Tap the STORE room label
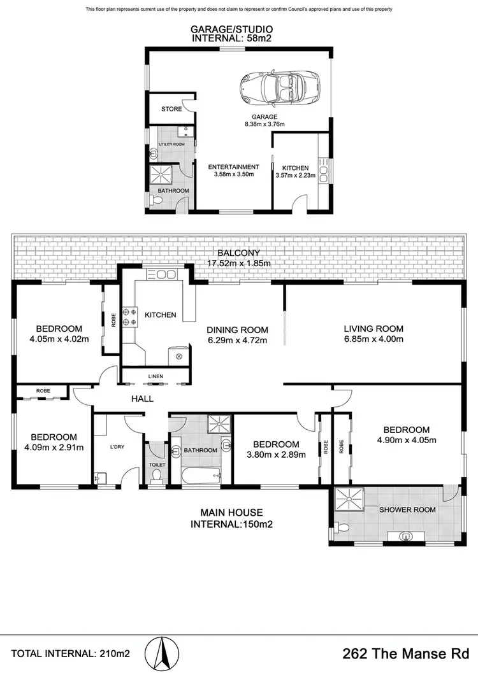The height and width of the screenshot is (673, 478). (x=171, y=109)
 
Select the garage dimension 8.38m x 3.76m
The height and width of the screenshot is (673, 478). (x=264, y=125)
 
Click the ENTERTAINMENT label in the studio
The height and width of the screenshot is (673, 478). (x=233, y=167)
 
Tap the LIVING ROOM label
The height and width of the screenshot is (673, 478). (x=373, y=329)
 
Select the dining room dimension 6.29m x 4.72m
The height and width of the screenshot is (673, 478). (x=236, y=340)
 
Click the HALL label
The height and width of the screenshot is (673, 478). (x=141, y=399)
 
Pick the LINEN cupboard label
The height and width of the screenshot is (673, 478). (x=156, y=376)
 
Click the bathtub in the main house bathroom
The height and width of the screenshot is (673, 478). (x=200, y=474)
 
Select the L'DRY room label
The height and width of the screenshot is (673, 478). (x=117, y=448)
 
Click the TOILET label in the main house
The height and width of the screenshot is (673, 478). (x=157, y=465)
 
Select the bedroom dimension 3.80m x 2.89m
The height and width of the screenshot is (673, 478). (x=276, y=455)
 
